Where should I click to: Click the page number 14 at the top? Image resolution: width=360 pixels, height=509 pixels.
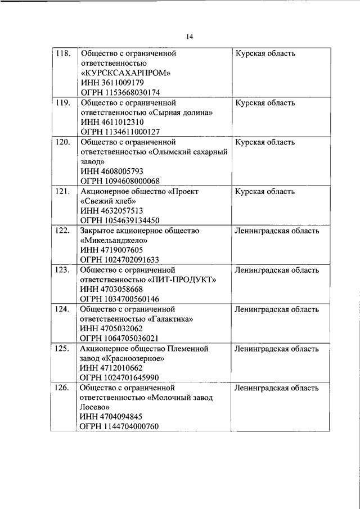coord(190,37)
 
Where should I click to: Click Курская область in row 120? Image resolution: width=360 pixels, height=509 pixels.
coord(265,143)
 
